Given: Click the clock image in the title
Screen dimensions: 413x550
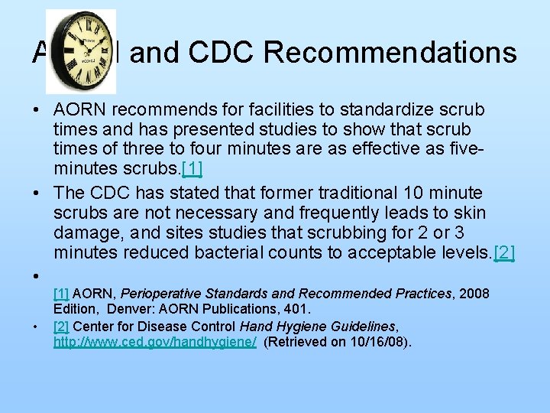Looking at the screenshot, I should [80, 51].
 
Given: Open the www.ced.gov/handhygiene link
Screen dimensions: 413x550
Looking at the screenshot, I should [155, 341].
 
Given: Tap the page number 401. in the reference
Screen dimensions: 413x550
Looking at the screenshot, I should [297, 310].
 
